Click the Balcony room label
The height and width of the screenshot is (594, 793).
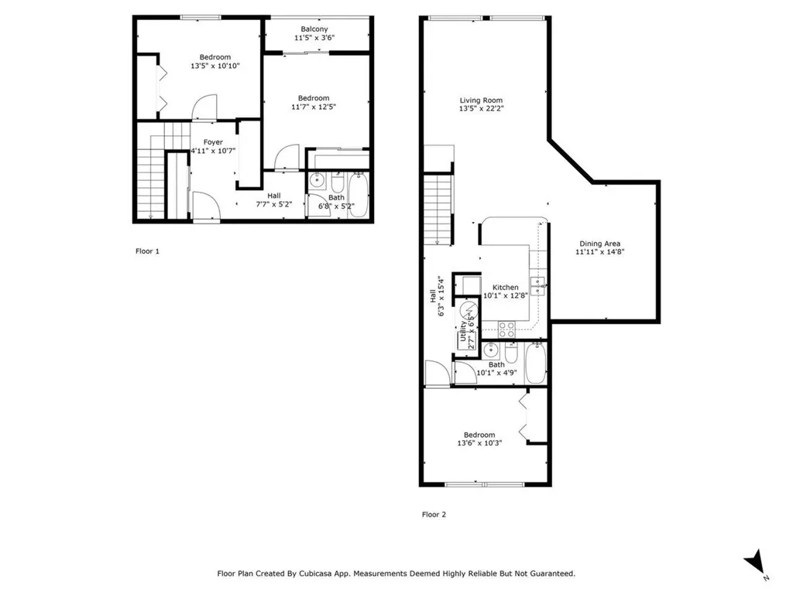314,29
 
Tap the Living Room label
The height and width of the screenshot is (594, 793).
481,100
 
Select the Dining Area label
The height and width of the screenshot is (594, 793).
600,244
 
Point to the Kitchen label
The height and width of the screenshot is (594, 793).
505,287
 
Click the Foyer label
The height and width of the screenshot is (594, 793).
213,142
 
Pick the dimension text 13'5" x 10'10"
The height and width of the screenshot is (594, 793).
215,66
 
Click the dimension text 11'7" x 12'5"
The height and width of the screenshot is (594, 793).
314,107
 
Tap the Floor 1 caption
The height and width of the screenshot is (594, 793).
147,251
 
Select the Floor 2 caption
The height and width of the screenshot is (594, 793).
434,514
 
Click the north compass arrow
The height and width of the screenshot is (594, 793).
755,562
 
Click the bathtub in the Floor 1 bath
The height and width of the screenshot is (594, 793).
359,195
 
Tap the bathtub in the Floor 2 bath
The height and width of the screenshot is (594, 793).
536,364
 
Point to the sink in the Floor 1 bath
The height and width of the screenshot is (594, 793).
318,179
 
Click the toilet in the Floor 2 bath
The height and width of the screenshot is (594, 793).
511,353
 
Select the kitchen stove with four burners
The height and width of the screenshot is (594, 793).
506,329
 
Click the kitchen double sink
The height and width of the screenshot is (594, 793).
537,285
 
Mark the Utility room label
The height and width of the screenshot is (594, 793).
463,331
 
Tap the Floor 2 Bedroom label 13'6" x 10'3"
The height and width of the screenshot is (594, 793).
479,439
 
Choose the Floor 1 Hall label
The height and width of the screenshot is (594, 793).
274,196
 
